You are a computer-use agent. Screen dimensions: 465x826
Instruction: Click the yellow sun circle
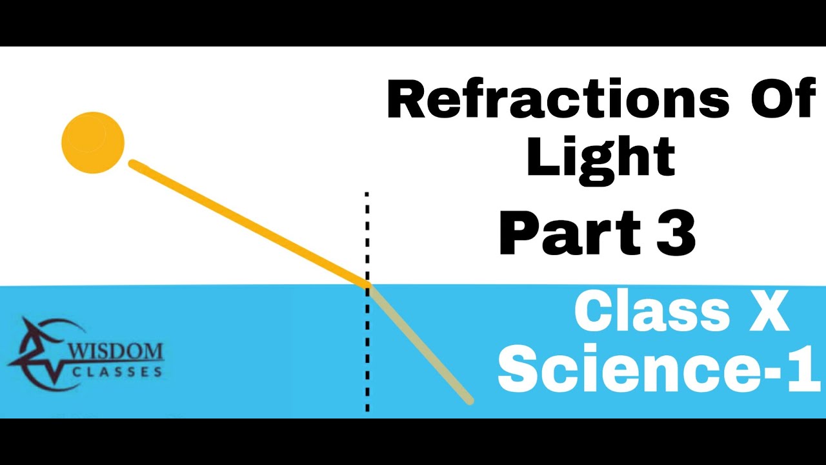(93, 142)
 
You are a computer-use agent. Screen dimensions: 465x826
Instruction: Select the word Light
(600, 158)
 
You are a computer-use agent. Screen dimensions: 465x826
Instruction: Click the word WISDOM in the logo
(116, 353)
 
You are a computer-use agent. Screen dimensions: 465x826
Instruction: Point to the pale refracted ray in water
(419, 344)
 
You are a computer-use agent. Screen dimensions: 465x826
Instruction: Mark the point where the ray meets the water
(368, 285)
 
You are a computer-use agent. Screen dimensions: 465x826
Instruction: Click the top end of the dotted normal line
(367, 194)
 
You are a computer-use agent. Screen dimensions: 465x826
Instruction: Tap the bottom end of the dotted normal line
(367, 409)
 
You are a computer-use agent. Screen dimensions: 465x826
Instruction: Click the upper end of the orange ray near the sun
(133, 164)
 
